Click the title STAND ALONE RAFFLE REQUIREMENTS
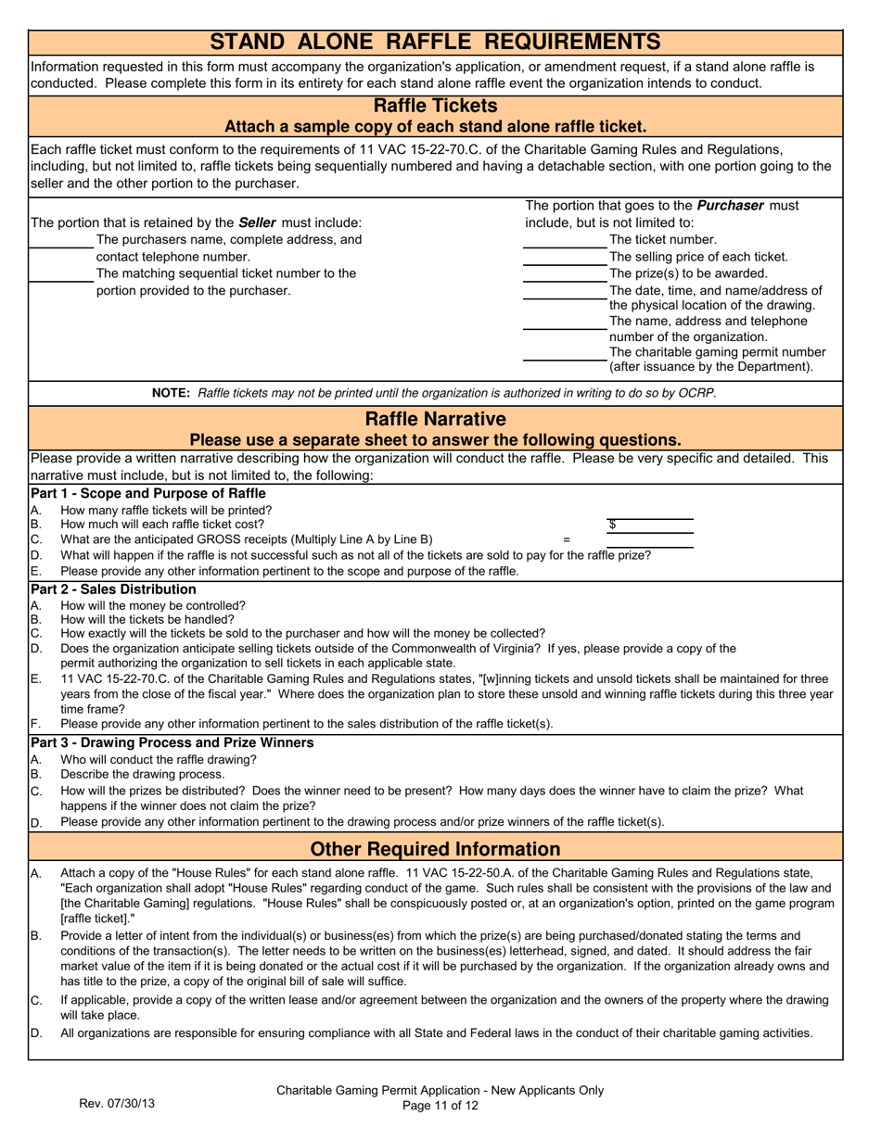click(435, 42)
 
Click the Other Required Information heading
click(435, 849)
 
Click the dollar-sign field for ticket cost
click(649, 526)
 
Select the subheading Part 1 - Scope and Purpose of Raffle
click(148, 493)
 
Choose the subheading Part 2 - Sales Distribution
click(113, 589)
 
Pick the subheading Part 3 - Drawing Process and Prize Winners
click(172, 742)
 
